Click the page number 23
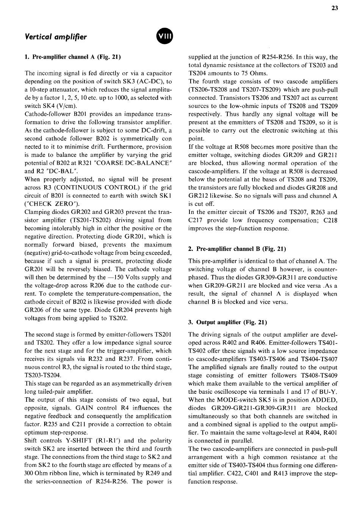(334, 8)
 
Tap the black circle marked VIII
(164, 37)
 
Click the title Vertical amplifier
(55, 37)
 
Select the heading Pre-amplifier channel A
(72, 57)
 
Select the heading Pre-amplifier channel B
(237, 249)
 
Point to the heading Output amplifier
(227, 322)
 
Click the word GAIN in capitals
(85, 408)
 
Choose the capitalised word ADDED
(325, 400)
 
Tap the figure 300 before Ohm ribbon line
(30, 473)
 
